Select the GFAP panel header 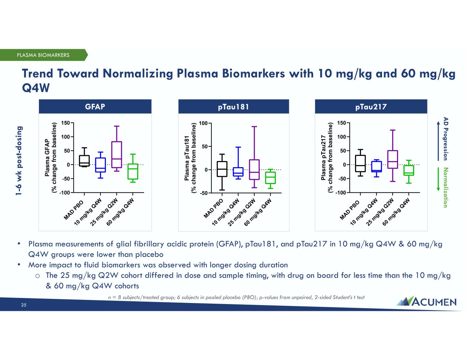point(95,106)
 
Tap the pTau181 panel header point(234,106)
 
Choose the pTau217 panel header point(371,106)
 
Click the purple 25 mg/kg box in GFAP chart point(117,154)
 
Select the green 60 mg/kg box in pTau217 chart point(409,170)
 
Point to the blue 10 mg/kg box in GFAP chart point(100,165)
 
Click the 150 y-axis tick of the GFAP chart point(66,123)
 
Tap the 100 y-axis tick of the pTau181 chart point(203,123)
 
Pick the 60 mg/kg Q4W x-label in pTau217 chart point(396,212)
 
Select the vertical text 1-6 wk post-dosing point(20,160)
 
